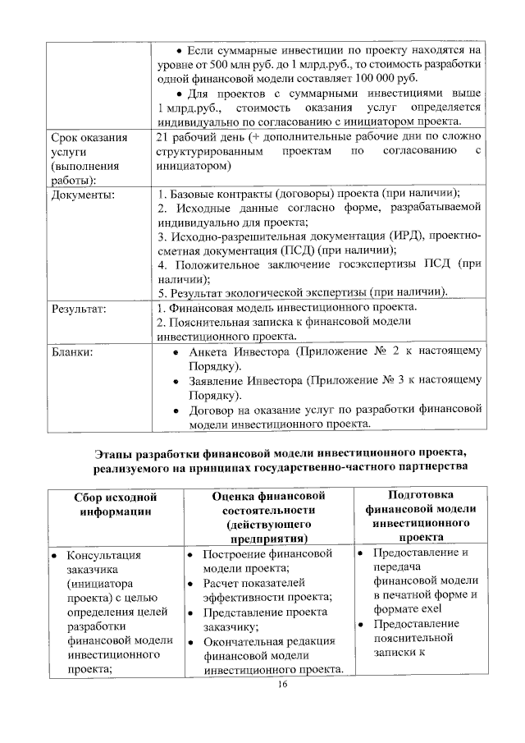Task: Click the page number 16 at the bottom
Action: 283,686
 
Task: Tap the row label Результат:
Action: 80,309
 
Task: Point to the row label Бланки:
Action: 72,351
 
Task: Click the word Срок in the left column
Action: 67,137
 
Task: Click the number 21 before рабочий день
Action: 162,137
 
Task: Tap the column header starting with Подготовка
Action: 416,516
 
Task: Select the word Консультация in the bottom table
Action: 103,555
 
